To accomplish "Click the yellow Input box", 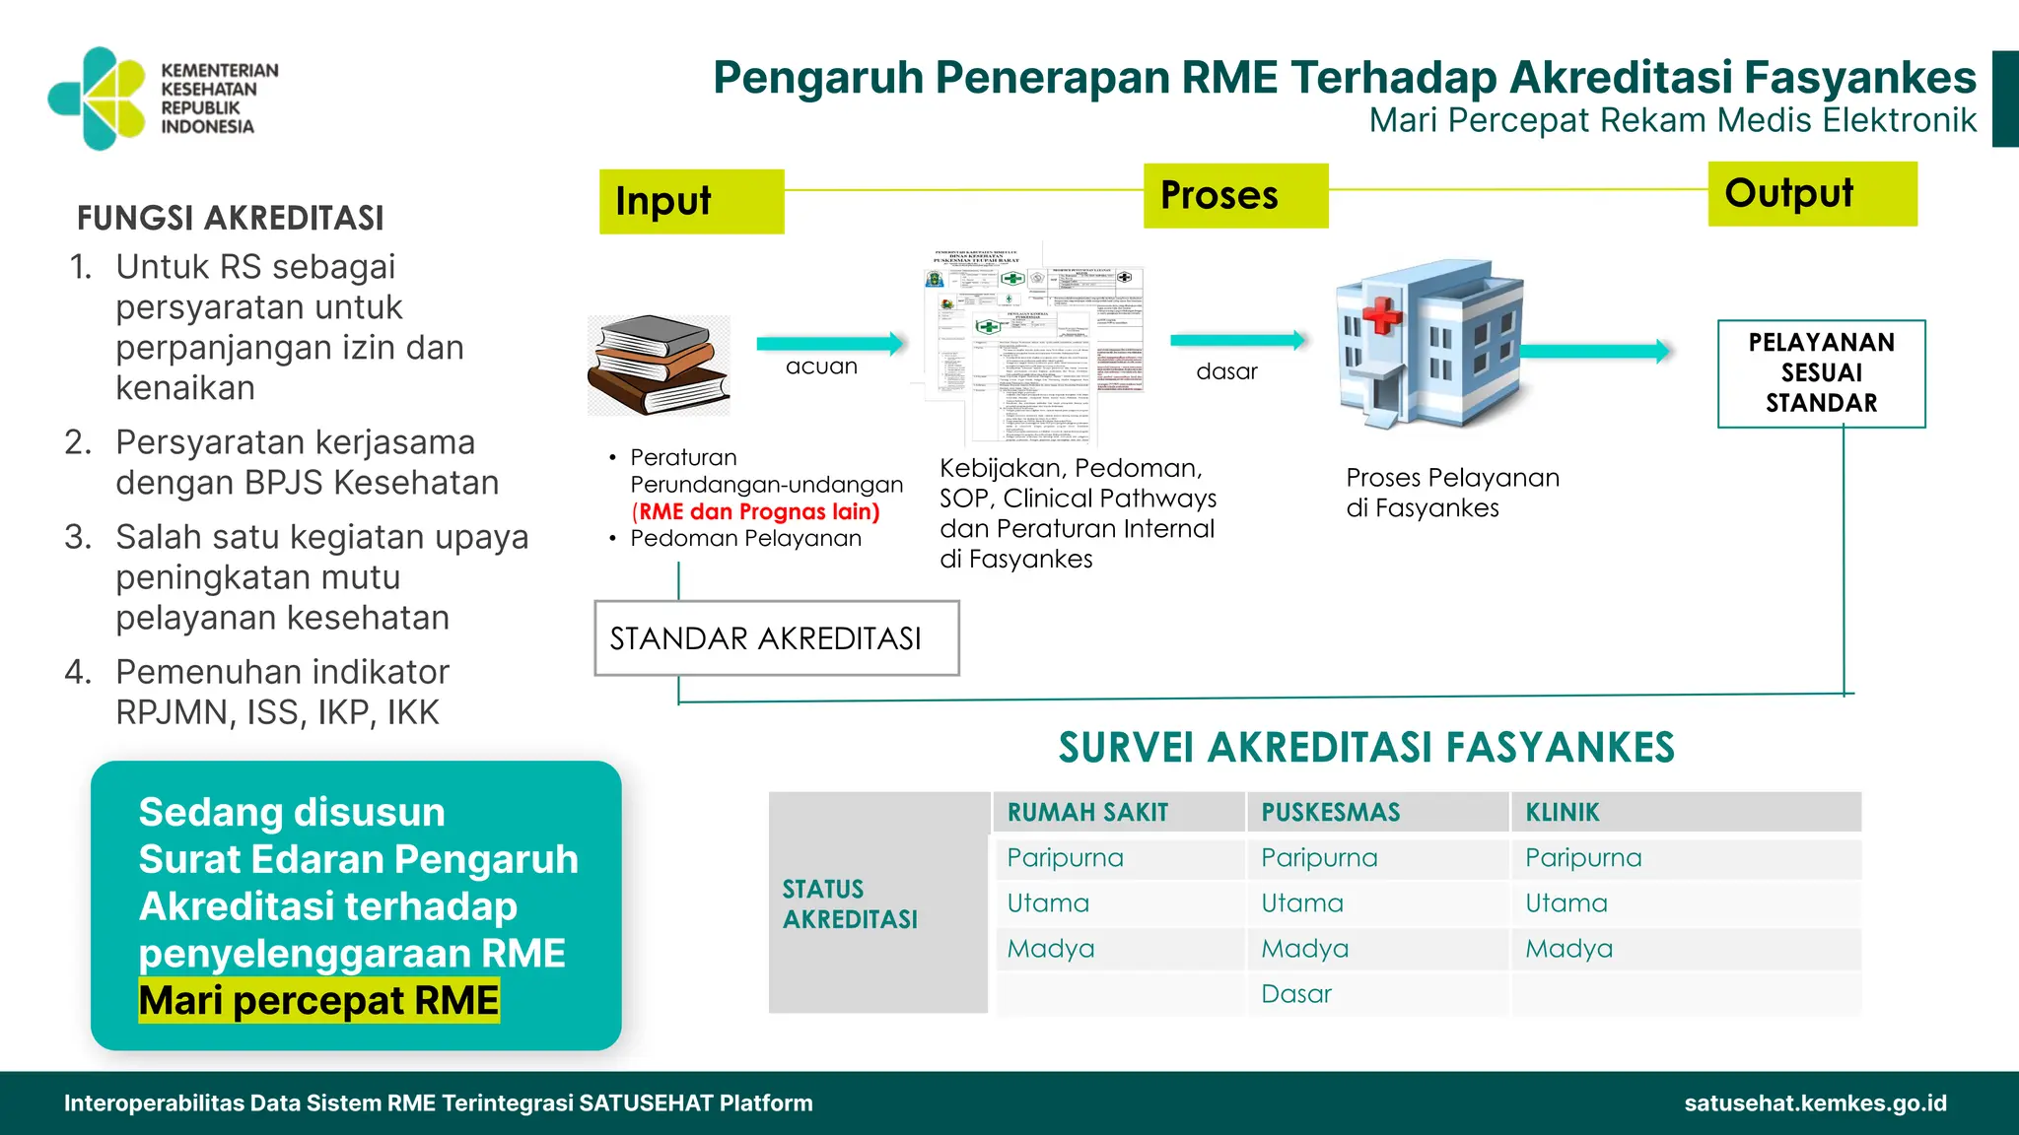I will click(x=691, y=201).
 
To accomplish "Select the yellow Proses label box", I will click(x=1235, y=195).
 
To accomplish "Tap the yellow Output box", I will click(x=1812, y=193).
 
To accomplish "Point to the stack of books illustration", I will click(x=659, y=365).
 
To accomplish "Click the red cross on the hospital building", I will click(x=1382, y=314).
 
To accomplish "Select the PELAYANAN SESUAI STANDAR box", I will click(x=1821, y=372).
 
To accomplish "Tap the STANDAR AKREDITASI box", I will click(x=776, y=638).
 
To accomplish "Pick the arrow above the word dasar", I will click(x=1238, y=340).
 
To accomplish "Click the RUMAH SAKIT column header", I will click(x=1087, y=813).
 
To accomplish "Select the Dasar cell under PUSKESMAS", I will click(x=1296, y=994).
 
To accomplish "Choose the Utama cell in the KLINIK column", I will click(x=1566, y=903).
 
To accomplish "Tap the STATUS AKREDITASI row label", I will click(x=850, y=903).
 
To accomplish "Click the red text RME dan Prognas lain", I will click(x=756, y=511).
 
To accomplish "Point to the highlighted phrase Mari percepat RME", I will click(x=318, y=1000).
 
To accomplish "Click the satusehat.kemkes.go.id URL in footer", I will click(x=1815, y=1102).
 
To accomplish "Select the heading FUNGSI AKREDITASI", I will click(x=231, y=218).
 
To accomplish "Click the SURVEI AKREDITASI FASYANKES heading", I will click(x=1366, y=747).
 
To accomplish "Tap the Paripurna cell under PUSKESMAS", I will click(x=1319, y=858).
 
